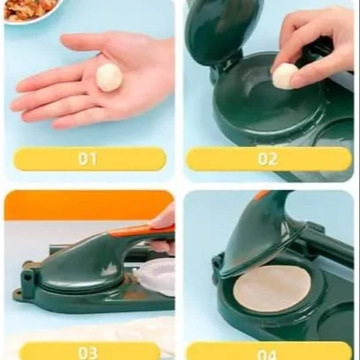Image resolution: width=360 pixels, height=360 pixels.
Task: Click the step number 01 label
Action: pyautogui.click(x=87, y=158)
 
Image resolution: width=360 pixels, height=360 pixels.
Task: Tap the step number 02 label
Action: pyautogui.click(x=268, y=158)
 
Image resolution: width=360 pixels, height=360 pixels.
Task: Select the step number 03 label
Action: pyautogui.click(x=88, y=353)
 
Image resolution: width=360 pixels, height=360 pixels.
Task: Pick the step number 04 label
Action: pyautogui.click(x=268, y=354)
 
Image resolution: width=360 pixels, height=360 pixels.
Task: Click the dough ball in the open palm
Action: pyautogui.click(x=109, y=77)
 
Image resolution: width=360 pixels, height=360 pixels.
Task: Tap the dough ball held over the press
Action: pyautogui.click(x=285, y=77)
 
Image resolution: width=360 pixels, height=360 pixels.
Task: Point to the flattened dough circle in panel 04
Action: pyautogui.click(x=272, y=289)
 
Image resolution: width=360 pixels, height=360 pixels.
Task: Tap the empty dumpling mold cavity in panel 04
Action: pyautogui.click(x=337, y=321)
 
